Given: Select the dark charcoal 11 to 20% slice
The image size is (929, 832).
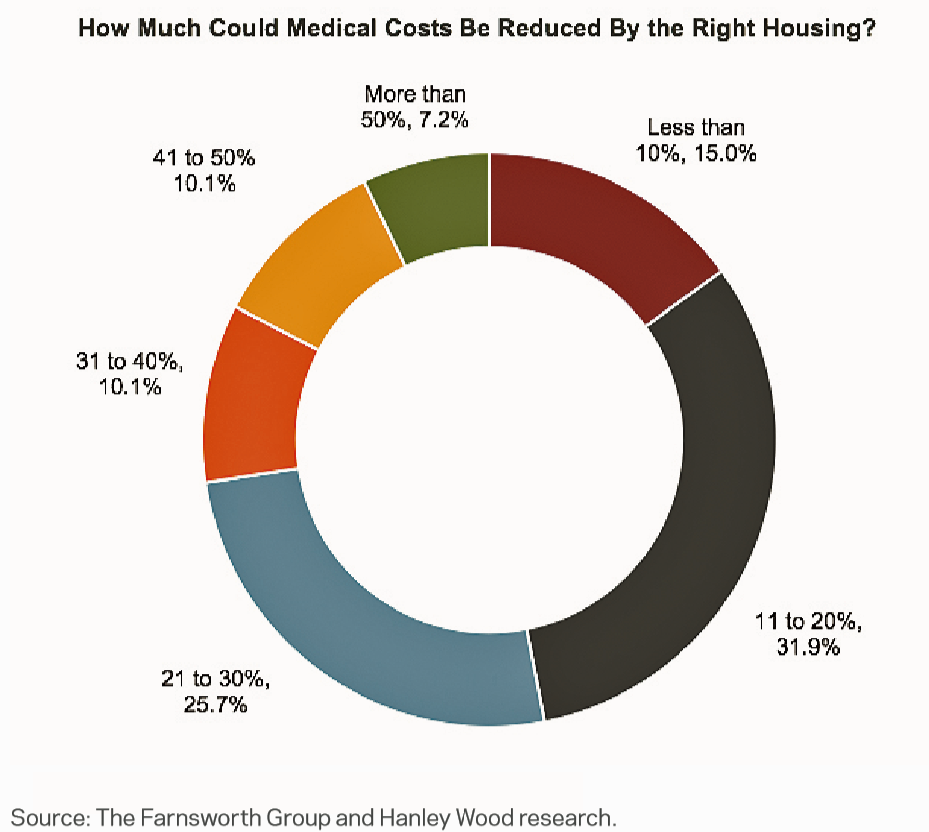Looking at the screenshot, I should click(699, 499).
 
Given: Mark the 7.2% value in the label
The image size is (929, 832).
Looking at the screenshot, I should click(444, 119).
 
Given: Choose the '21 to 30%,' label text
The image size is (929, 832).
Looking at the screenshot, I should click(216, 680).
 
